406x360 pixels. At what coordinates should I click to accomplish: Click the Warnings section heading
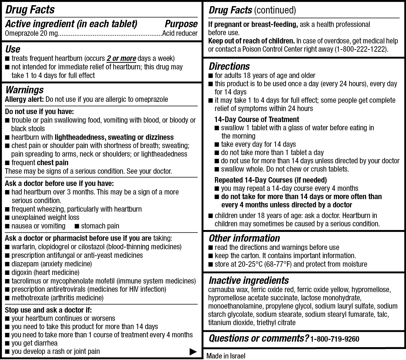[x=24, y=90]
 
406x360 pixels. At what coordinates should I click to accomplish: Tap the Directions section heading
[x=229, y=66]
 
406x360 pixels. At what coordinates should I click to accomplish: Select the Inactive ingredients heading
[x=249, y=280]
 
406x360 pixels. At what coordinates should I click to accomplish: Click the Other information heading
[x=244, y=238]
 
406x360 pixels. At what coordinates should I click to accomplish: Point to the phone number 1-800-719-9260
[x=335, y=339]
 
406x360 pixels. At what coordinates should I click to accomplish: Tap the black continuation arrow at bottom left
[x=193, y=352]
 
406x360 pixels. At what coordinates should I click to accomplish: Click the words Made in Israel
[x=226, y=356]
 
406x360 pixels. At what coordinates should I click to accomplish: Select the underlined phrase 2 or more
[x=121, y=58]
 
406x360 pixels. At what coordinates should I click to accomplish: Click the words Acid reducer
[x=180, y=33]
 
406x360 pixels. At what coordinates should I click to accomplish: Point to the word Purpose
[x=181, y=24]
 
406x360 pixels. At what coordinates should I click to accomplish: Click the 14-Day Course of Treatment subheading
[x=257, y=120]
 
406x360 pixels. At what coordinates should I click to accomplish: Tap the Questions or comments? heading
[x=259, y=338]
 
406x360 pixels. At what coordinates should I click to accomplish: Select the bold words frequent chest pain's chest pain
[x=53, y=163]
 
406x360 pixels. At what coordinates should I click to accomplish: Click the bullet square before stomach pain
[x=77, y=226]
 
